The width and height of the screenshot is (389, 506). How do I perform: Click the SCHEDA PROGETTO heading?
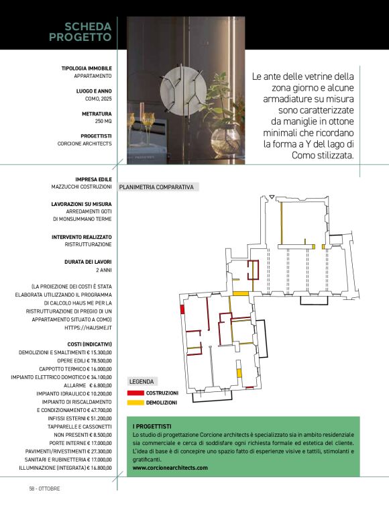pyautogui.click(x=80, y=32)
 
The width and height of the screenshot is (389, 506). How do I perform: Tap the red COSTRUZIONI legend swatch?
pyautogui.click(x=135, y=393)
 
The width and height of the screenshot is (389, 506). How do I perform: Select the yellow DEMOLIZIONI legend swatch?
pyautogui.click(x=135, y=403)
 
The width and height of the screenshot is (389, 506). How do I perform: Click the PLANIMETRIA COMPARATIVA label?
pyautogui.click(x=156, y=187)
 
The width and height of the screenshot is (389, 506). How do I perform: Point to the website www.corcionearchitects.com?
pyautogui.click(x=170, y=468)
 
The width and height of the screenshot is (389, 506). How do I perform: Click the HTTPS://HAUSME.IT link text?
pyautogui.click(x=88, y=327)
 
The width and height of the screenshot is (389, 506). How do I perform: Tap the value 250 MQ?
pyautogui.click(x=103, y=121)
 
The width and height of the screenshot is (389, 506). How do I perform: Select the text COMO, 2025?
pyautogui.click(x=99, y=99)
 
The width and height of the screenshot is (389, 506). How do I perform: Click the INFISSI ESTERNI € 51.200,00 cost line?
pyautogui.click(x=80, y=419)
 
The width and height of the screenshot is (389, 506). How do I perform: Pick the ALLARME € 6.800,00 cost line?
pyautogui.click(x=88, y=385)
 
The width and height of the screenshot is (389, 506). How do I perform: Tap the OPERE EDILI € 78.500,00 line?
pyautogui.click(x=85, y=361)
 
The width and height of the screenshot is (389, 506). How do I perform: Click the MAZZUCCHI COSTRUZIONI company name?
pyautogui.click(x=82, y=187)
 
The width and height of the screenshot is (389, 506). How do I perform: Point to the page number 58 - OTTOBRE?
pyautogui.click(x=44, y=489)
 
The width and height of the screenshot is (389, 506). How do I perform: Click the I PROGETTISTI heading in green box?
pyautogui.click(x=152, y=427)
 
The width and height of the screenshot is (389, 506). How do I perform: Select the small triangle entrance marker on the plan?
pyautogui.click(x=272, y=197)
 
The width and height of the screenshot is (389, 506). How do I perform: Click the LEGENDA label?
pyautogui.click(x=142, y=381)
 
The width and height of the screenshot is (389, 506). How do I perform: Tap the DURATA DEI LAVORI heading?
pyautogui.click(x=88, y=262)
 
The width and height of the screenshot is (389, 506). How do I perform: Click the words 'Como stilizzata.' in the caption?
pyautogui.click(x=323, y=155)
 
